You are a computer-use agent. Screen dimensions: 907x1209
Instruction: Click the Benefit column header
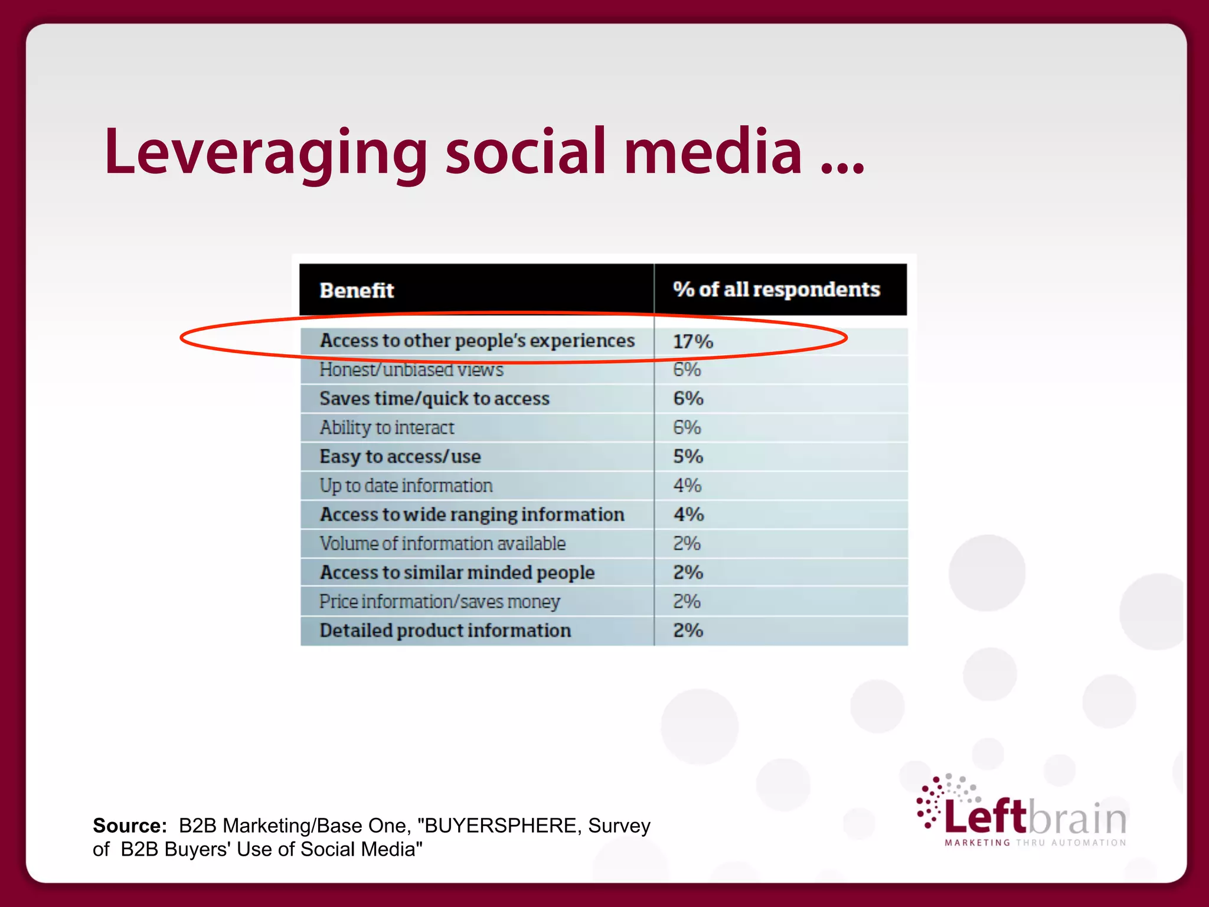click(357, 291)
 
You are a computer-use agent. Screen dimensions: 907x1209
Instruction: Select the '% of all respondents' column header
click(776, 289)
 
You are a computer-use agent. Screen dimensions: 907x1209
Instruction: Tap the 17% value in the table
click(693, 341)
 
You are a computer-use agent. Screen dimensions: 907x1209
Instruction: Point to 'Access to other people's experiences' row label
click(477, 341)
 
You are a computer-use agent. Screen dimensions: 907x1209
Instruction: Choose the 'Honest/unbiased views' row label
click(411, 370)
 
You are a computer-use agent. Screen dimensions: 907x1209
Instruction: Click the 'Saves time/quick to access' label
click(434, 399)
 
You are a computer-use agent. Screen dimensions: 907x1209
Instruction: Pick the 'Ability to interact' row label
click(387, 428)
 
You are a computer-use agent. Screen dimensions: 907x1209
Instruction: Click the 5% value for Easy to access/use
click(688, 456)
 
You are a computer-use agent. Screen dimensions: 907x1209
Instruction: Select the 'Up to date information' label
click(406, 485)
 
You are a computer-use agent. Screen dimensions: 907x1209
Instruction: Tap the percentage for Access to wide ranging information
click(689, 514)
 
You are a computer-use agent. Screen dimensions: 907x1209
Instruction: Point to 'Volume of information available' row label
click(443, 543)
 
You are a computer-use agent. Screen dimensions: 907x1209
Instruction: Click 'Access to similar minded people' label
click(457, 572)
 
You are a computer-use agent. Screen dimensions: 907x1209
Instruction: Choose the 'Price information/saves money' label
click(440, 602)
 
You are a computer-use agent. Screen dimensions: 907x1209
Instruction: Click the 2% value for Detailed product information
click(688, 631)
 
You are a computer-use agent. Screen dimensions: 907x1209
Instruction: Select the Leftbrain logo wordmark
click(1035, 817)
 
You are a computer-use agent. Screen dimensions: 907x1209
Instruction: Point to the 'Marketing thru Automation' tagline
click(1035, 843)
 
